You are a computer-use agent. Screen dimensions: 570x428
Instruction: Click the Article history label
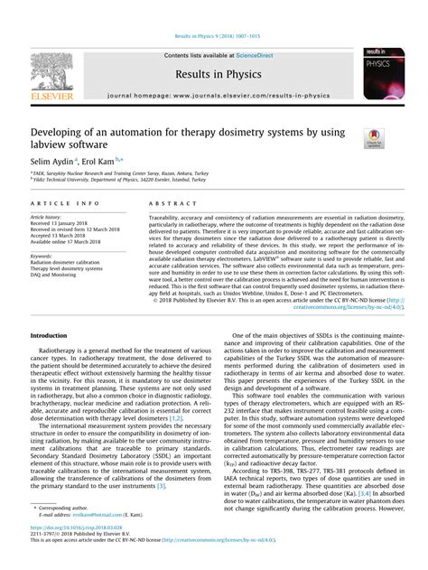point(46,218)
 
